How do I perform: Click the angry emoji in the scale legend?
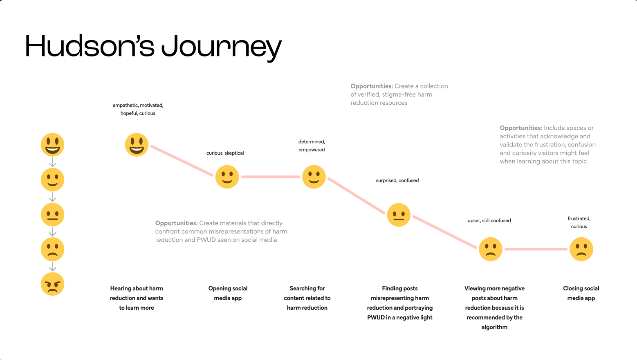[52, 284]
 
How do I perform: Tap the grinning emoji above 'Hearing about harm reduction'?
[137, 145]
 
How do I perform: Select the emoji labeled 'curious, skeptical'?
[227, 177]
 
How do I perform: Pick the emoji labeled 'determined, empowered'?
[314, 177]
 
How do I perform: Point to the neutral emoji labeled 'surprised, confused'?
[399, 215]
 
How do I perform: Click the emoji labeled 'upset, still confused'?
[490, 249]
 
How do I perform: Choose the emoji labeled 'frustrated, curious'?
[581, 249]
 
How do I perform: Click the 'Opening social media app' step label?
[228, 293]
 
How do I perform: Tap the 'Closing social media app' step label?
[581, 293]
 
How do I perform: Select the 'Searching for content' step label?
[307, 298]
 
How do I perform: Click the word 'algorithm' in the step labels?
[494, 327]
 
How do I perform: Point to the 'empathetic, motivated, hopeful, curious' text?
[138, 109]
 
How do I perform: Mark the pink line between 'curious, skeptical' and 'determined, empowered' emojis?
[270, 177]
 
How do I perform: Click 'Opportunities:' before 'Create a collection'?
[372, 86]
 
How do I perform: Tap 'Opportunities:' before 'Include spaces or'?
[521, 128]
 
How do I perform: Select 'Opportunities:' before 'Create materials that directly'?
[176, 223]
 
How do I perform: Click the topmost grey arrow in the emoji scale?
[52, 162]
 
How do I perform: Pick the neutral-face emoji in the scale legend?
[52, 214]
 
